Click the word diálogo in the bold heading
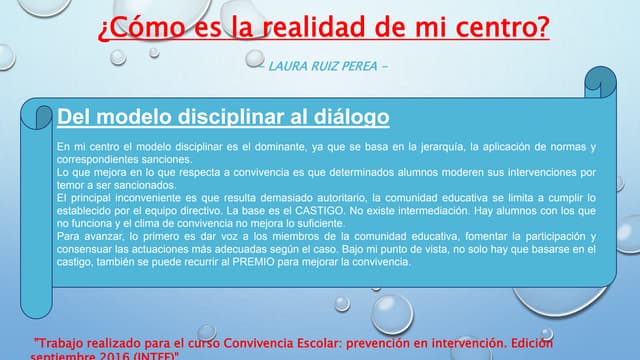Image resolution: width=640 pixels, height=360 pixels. tap(349, 118)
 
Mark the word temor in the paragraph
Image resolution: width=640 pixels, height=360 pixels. tap(72, 185)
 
